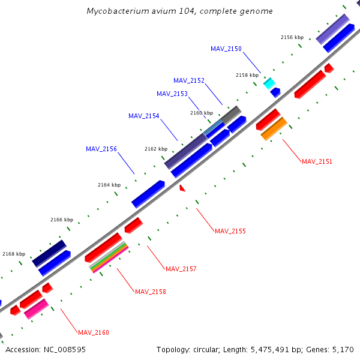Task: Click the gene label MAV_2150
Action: tap(226, 49)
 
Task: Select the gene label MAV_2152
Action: tap(189, 80)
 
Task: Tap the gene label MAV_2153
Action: tap(172, 94)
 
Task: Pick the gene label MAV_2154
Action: tap(144, 116)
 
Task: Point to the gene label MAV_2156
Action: tap(101, 149)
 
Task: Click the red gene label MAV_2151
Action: tap(317, 161)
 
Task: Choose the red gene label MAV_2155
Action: tap(230, 231)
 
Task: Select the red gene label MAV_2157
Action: tap(181, 269)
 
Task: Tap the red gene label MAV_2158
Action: tap(151, 292)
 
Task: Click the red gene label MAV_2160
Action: tap(94, 332)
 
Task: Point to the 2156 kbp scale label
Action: tap(292, 37)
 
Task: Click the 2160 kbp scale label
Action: tap(202, 113)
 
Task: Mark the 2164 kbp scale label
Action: tap(109, 185)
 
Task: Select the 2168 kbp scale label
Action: tap(14, 254)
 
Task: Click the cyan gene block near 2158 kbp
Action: tap(269, 83)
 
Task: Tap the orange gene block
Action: tap(274, 128)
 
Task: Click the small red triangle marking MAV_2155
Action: tap(182, 188)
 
